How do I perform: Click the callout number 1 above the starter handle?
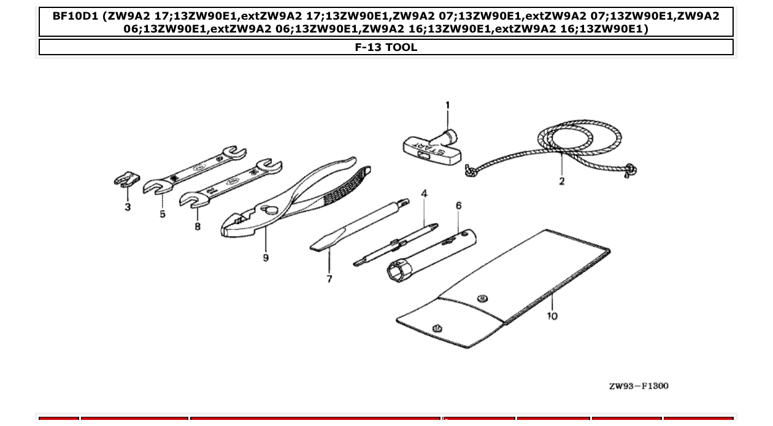click(447, 106)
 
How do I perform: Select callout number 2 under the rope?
click(561, 181)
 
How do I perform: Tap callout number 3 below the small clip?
click(128, 207)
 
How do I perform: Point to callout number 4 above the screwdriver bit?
click(424, 194)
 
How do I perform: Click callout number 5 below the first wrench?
click(163, 214)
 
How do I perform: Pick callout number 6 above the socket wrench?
click(458, 206)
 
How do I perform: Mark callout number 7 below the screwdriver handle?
click(329, 279)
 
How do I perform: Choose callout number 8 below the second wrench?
click(198, 227)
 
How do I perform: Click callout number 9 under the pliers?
click(266, 258)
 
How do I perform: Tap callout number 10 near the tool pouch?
click(552, 316)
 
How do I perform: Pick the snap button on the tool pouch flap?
click(483, 299)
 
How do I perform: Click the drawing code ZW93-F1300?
click(639, 386)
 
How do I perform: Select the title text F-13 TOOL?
click(386, 47)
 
